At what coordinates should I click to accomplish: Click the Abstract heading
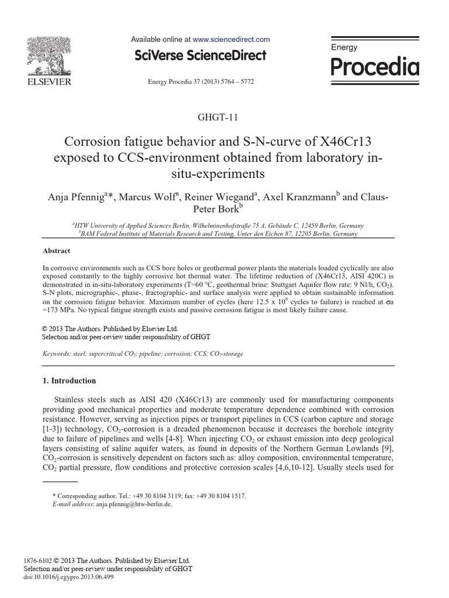point(57,251)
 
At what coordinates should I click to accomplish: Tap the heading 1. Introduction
point(70,381)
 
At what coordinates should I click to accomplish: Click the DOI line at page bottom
point(68,577)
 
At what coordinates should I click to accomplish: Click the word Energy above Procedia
point(344,48)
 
